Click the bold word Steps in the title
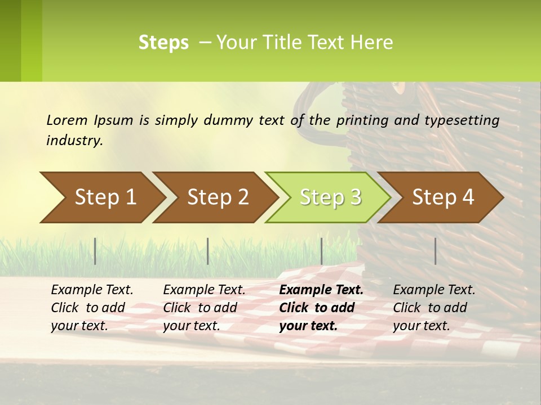(163, 43)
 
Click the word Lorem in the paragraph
(67, 120)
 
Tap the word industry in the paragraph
(74, 140)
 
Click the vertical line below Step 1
(95, 251)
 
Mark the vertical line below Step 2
(208, 251)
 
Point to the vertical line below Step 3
(321, 251)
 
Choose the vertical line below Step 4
(436, 251)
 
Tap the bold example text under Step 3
(321, 308)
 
